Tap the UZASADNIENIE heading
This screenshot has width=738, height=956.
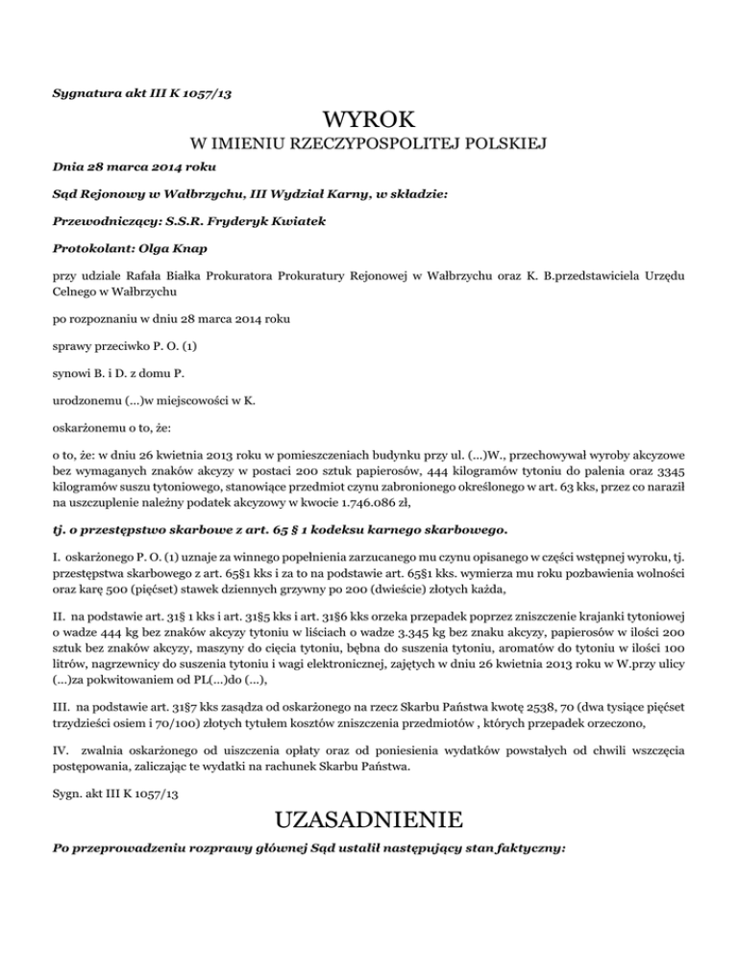tap(369, 822)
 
